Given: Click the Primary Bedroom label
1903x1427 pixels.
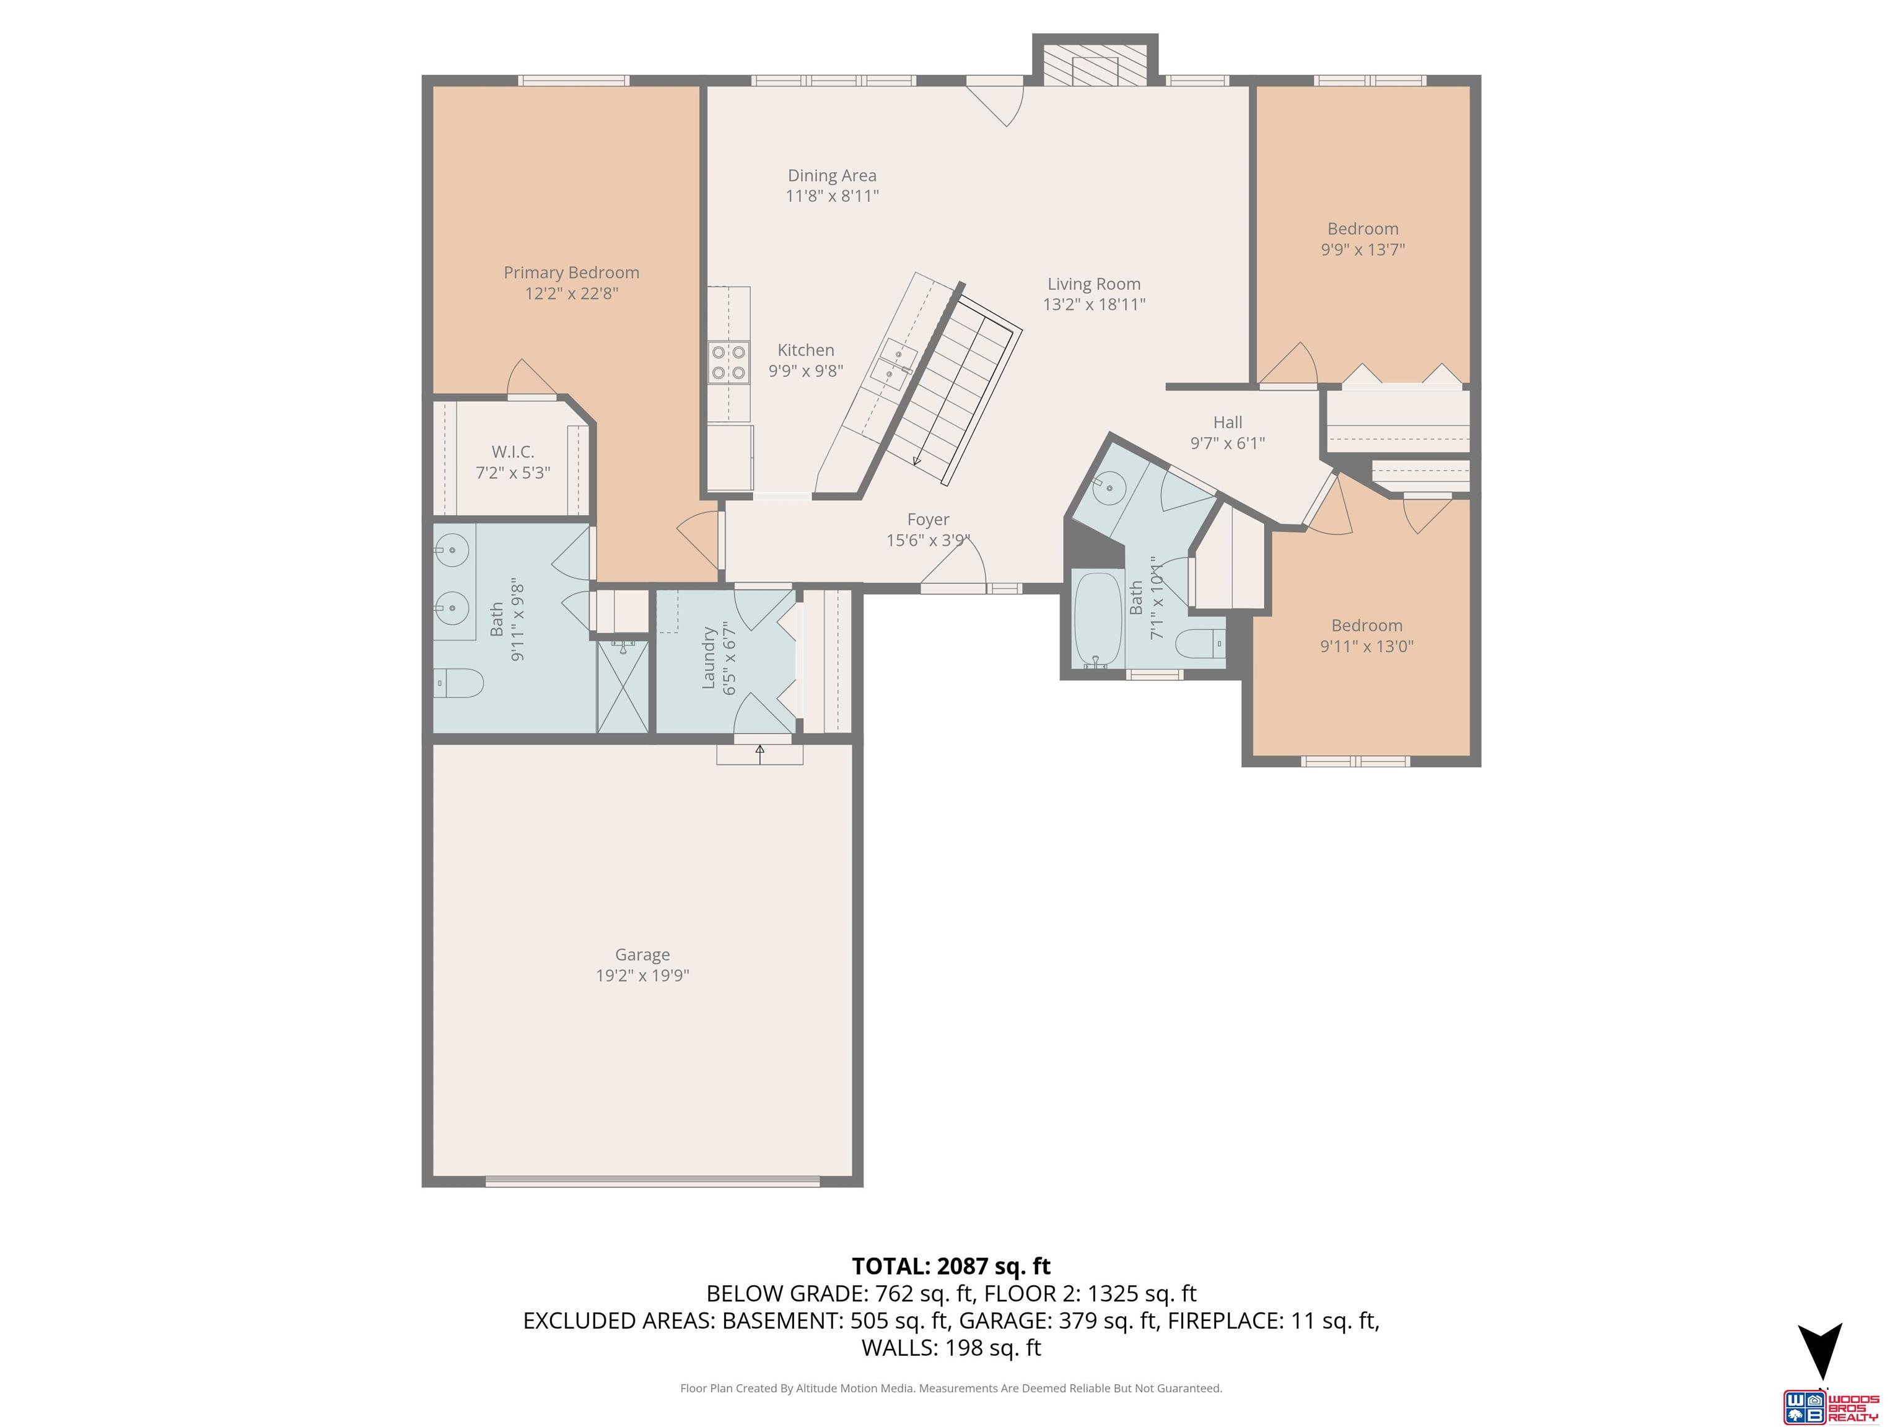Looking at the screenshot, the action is (x=571, y=273).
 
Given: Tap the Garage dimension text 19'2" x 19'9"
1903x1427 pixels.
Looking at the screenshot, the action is (x=642, y=975).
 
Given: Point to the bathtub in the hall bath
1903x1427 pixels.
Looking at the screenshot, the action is (x=1098, y=619).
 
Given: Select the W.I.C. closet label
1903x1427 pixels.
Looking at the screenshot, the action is (x=513, y=452).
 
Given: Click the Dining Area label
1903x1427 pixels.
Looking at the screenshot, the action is (x=832, y=175).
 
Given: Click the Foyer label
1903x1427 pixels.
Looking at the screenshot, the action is (x=929, y=520).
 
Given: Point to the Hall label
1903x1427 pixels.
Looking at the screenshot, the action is (x=1228, y=422).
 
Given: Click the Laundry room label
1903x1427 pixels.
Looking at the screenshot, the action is (x=709, y=657).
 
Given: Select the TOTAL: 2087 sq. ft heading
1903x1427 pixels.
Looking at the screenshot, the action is (x=951, y=1266).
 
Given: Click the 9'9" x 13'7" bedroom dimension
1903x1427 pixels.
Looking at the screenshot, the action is (x=1363, y=250).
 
